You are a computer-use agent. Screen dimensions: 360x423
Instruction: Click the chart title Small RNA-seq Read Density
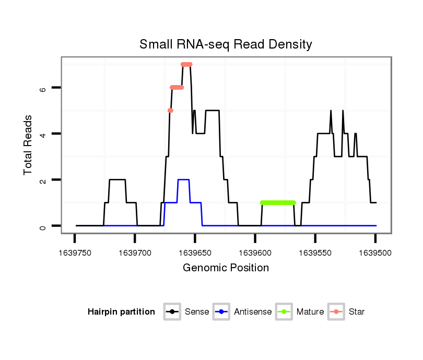coord(226,44)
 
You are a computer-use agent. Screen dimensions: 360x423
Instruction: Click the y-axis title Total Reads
coord(28,145)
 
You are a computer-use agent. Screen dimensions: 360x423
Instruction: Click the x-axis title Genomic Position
coord(226,268)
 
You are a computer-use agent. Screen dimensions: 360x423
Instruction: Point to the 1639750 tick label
coord(75,253)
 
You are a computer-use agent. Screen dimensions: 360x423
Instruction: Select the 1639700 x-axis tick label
coord(135,253)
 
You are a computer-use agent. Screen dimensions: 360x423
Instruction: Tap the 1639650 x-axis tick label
coord(195,253)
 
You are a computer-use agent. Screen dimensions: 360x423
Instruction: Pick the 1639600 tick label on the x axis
coord(255,253)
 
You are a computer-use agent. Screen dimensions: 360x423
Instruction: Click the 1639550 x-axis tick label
coord(315,253)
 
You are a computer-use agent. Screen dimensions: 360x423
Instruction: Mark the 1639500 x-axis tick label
coord(375,253)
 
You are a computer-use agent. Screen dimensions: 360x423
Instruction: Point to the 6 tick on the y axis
coord(43,88)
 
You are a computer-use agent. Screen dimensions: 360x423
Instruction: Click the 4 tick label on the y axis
coord(43,134)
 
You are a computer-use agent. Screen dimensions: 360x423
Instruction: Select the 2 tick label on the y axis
coord(43,180)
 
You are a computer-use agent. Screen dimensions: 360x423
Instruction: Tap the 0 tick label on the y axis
coord(43,226)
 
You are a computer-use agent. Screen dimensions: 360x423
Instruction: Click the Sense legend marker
coord(172,312)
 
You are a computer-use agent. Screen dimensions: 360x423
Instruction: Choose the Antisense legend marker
coord(222,312)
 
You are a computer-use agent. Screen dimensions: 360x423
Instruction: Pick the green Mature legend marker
coord(284,312)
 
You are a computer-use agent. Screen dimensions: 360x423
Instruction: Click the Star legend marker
coord(336,312)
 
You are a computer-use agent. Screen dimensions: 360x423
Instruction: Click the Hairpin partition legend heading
coord(121,312)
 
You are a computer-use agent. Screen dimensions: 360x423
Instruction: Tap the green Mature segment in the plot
coord(278,202)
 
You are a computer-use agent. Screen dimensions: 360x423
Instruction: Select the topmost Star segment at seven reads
coord(186,64)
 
